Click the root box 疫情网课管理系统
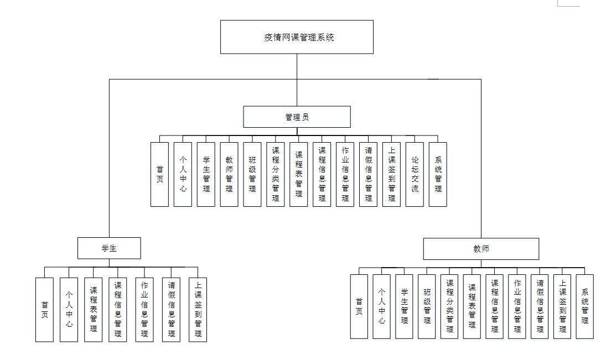click(297, 37)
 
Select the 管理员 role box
click(297, 117)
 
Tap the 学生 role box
click(109, 248)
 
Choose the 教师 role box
click(481, 249)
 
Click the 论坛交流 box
click(415, 174)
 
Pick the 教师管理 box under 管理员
click(229, 174)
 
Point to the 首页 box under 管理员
click(159, 174)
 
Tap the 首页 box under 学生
click(44, 309)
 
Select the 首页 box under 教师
click(359, 306)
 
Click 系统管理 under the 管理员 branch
click(438, 174)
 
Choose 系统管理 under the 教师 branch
click(585, 306)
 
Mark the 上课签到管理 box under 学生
click(198, 309)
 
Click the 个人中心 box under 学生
click(69, 309)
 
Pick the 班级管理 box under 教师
click(427, 306)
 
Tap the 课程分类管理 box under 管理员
click(276, 174)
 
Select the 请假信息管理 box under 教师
click(540, 306)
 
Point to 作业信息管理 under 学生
click(144, 309)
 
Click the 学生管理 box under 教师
click(404, 306)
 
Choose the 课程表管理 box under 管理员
click(299, 174)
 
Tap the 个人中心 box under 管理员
click(183, 174)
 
